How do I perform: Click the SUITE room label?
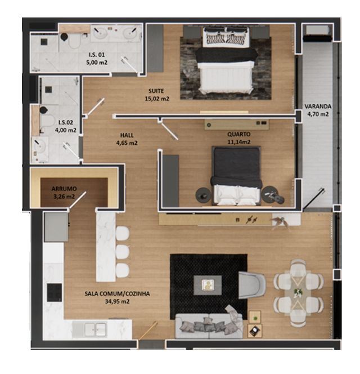[156, 91]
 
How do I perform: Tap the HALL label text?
[127, 135]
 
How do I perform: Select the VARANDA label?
[318, 106]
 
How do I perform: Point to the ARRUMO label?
[64, 189]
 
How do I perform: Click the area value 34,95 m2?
[117, 301]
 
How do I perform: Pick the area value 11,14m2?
[239, 142]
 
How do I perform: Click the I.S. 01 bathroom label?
[97, 55]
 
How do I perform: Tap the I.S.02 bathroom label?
[66, 122]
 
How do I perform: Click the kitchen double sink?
[96, 330]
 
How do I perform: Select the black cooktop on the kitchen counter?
[55, 292]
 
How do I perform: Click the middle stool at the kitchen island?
[123, 251]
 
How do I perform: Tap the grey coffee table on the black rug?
[208, 285]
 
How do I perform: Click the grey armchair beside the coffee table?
[251, 285]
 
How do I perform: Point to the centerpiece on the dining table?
[298, 293]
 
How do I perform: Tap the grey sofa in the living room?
[209, 325]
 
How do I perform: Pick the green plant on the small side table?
[255, 318]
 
